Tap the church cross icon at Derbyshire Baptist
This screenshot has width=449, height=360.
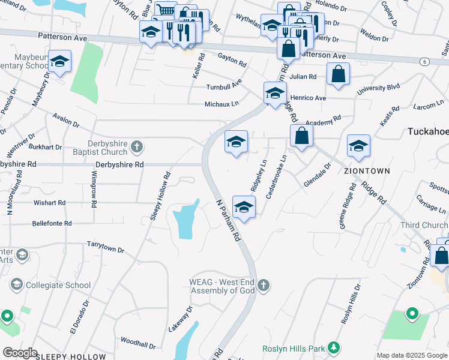[137, 146]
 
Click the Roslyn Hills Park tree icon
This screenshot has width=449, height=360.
[335, 348]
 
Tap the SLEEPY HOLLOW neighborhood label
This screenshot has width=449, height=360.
[70, 356]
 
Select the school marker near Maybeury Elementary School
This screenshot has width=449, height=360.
[60, 62]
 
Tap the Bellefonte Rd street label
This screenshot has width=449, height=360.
[52, 223]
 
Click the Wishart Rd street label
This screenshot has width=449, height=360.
[50, 203]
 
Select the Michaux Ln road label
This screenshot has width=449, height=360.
[221, 104]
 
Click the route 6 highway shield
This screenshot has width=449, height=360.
[424, 61]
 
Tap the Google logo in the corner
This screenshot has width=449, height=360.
[20, 353]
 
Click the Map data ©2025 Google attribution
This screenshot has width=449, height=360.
[412, 355]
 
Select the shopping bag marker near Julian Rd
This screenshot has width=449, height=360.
[339, 74]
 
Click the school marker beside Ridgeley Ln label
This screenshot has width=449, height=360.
[244, 207]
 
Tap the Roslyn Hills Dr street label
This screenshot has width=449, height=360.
[352, 304]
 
